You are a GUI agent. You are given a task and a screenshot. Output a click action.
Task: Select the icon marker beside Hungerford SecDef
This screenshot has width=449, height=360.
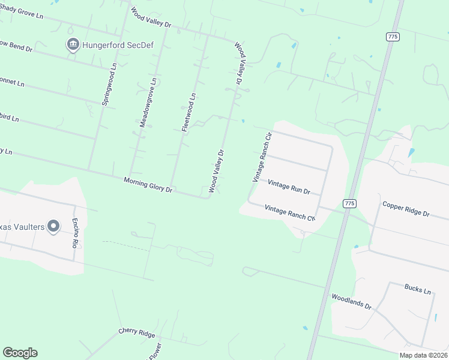click(73, 44)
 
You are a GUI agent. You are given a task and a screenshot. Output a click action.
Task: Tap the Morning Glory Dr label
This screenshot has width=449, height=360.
click(148, 185)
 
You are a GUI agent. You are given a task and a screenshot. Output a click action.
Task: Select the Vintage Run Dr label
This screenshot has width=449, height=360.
click(289, 187)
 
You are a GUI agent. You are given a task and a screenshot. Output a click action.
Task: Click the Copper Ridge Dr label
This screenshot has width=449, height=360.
click(406, 209)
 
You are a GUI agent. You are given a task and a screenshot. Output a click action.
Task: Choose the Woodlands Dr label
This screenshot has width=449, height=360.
click(352, 301)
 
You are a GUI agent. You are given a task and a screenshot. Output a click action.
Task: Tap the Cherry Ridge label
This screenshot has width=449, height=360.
click(137, 333)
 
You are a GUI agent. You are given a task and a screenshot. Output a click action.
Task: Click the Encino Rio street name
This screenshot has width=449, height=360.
click(76, 231)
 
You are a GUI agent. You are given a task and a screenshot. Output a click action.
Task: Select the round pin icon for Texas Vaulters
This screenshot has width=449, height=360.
click(53, 226)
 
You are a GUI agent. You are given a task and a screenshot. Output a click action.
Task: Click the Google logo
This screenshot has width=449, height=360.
click(20, 353)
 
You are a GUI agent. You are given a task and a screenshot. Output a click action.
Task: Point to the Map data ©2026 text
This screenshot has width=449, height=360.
click(423, 355)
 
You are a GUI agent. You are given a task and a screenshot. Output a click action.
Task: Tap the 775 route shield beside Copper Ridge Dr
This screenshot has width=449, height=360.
click(349, 204)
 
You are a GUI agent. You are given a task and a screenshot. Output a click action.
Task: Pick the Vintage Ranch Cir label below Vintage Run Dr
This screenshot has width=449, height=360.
click(290, 213)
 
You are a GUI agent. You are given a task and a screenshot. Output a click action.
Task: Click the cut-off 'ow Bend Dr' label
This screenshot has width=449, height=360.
click(16, 46)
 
